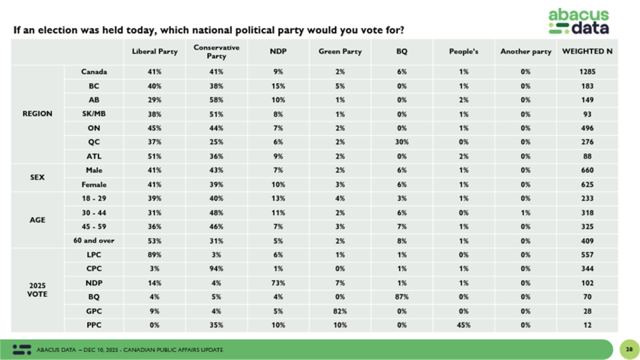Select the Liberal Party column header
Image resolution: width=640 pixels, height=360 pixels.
(154, 51)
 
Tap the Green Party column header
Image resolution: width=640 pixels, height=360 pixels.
(340, 51)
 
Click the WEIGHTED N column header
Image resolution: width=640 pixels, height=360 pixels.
(587, 51)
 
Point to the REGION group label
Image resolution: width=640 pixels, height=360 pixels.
(37, 114)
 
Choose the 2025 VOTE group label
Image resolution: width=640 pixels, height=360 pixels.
(37, 290)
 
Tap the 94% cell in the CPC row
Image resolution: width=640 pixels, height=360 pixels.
(216, 269)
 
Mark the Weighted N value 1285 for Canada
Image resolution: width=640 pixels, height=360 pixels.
(587, 72)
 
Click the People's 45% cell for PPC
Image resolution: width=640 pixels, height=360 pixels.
(463, 325)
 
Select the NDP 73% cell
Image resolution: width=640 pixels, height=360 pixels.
(278, 283)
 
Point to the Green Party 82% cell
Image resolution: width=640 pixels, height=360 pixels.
(340, 311)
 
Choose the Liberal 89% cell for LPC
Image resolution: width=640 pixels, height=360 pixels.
(154, 255)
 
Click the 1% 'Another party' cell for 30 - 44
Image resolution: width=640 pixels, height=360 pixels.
(525, 212)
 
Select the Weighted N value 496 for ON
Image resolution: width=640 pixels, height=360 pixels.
(587, 128)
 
